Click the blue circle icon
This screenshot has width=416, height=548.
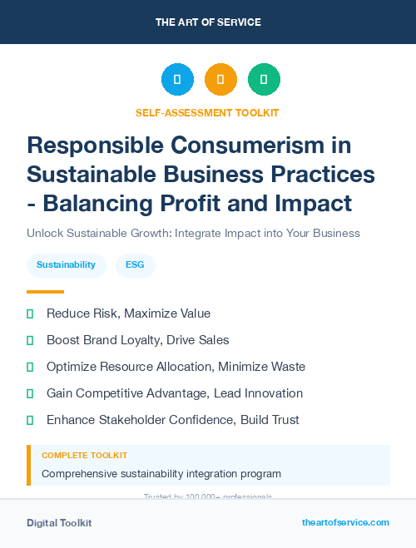pyautogui.click(x=177, y=79)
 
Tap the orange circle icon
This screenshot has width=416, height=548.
pyautogui.click(x=220, y=79)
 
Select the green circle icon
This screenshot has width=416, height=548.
pyautogui.click(x=264, y=79)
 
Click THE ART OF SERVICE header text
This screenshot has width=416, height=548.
pyautogui.click(x=208, y=22)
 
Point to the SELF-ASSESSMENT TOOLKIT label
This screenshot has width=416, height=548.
pyautogui.click(x=207, y=112)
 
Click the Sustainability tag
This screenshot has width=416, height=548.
pyautogui.click(x=66, y=265)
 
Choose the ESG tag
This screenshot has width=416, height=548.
pyautogui.click(x=135, y=265)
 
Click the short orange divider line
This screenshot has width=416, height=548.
pyautogui.click(x=45, y=291)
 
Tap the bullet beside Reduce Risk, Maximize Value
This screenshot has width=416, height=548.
pyautogui.click(x=30, y=313)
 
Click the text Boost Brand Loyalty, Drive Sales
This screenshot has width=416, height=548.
pyautogui.click(x=137, y=340)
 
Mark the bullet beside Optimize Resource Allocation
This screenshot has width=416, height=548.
pyautogui.click(x=30, y=367)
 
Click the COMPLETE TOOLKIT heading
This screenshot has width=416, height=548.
pyautogui.click(x=84, y=456)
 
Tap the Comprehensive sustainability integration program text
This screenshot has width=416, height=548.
pyautogui.click(x=161, y=474)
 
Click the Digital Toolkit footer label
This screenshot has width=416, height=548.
pyautogui.click(x=59, y=523)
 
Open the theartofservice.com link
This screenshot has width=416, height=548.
pyautogui.click(x=345, y=522)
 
